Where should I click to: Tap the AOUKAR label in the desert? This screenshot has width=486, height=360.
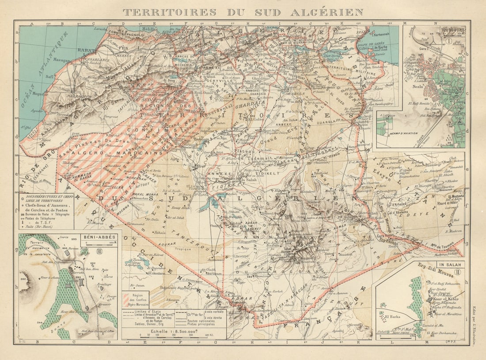pyautogui.click(x=164, y=243)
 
